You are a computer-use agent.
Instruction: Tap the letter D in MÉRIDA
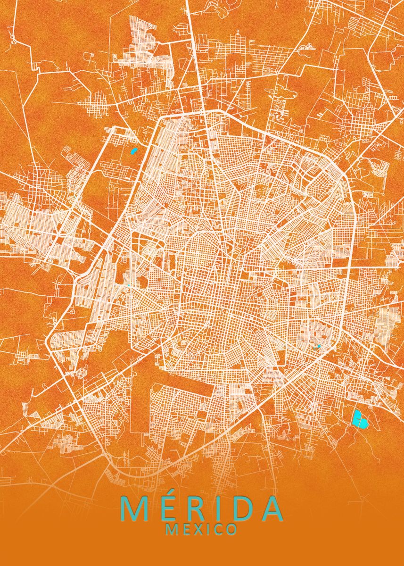pyautogui.click(x=239, y=508)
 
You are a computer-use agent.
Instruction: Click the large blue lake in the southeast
pyautogui.click(x=360, y=418)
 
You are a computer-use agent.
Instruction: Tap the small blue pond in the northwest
pyautogui.click(x=133, y=151)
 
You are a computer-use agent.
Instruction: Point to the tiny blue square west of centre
pyautogui.click(x=128, y=285)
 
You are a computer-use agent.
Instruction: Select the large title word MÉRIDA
pyautogui.click(x=202, y=508)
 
